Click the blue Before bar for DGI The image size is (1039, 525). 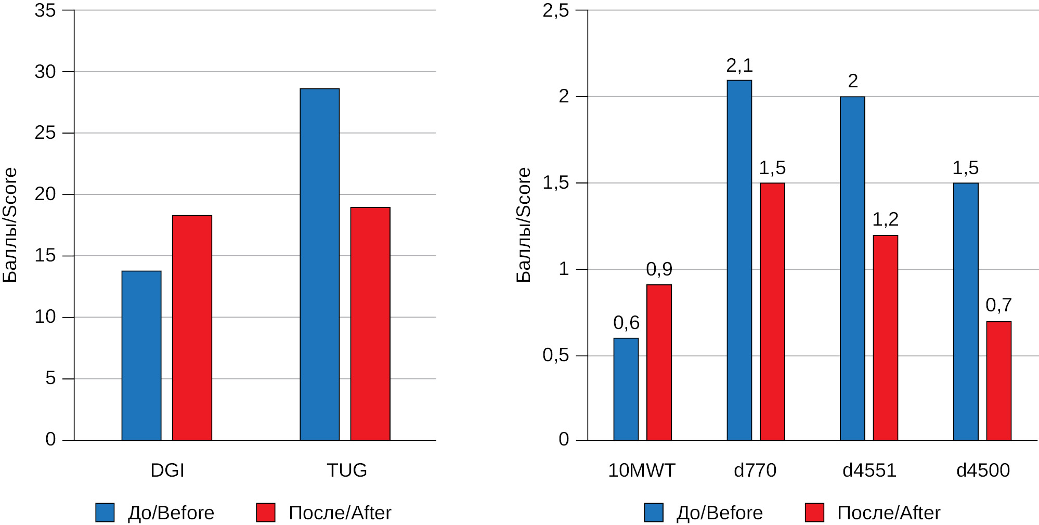point(141,356)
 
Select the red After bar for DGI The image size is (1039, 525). point(192,327)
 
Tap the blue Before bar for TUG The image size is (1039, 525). point(319,264)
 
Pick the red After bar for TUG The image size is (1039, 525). point(370,323)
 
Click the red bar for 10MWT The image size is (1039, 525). point(659,362)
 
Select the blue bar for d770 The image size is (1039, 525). point(739,260)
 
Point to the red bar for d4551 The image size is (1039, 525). point(885,338)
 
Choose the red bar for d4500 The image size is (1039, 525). point(998,381)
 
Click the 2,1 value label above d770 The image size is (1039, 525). point(739,65)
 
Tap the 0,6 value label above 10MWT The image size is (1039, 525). point(626,323)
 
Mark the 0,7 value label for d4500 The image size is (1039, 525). point(998,305)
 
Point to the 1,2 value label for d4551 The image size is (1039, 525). point(885,219)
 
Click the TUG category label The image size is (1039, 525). point(346,470)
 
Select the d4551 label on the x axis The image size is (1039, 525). point(869,470)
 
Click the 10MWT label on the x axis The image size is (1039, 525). point(641,470)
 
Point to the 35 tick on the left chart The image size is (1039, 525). point(45,10)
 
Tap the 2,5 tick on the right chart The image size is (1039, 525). point(555,10)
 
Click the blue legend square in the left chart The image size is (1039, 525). point(105,513)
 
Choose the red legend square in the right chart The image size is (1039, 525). point(814,513)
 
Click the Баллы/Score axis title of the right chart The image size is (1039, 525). point(524,225)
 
